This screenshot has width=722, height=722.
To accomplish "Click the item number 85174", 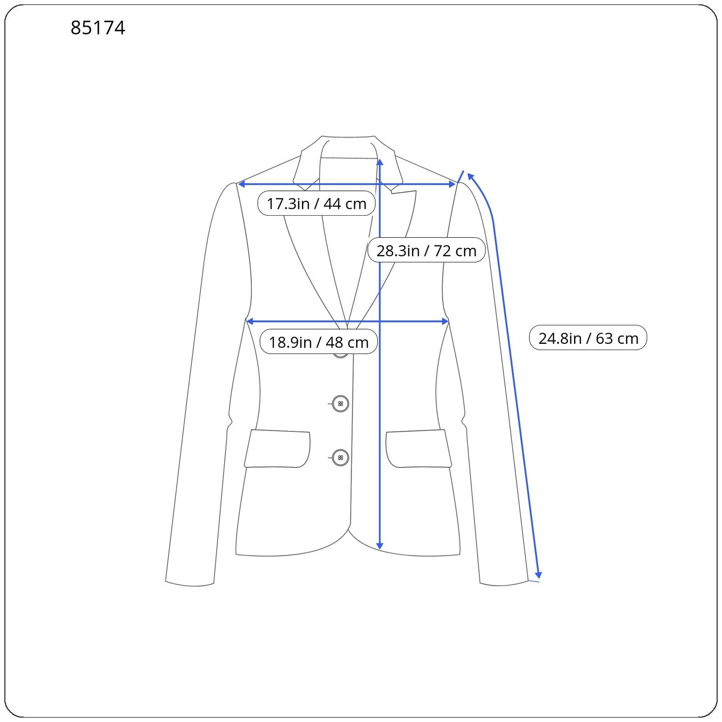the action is (x=98, y=28).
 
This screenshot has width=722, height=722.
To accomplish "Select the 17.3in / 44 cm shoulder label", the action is (x=316, y=204).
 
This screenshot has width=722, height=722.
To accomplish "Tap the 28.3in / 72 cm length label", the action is (x=426, y=250).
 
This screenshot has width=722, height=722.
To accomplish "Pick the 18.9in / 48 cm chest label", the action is (x=319, y=342).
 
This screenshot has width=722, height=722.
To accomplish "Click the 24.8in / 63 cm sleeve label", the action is (x=588, y=338).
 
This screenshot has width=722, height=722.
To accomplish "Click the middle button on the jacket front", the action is (x=340, y=403).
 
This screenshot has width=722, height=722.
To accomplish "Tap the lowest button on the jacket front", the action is (x=340, y=458).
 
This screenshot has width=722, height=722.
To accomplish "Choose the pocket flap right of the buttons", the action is (x=418, y=449).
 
